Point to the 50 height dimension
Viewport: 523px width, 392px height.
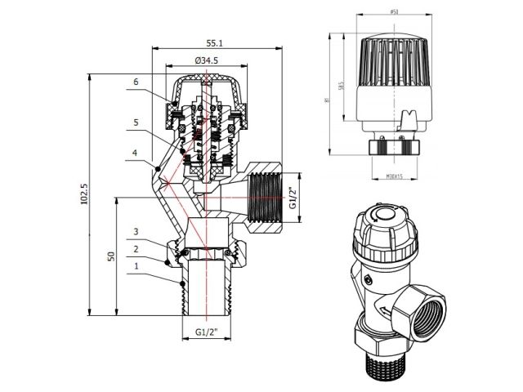(x=110, y=256)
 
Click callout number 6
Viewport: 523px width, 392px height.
(x=136, y=82)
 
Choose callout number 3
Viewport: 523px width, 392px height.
(x=136, y=232)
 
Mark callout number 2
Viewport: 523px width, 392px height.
(x=136, y=249)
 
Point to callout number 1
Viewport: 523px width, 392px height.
(x=136, y=266)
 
